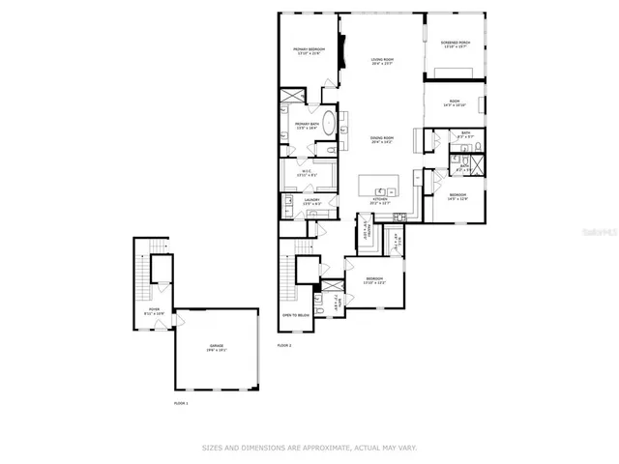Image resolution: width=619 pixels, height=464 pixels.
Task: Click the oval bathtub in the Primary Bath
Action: point(330,124)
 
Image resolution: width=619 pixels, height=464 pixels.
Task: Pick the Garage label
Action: point(217,350)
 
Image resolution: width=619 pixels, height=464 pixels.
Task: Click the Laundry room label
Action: point(311,202)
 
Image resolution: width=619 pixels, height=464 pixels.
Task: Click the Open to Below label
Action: point(295,315)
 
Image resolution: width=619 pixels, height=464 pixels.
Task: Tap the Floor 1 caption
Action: point(181,402)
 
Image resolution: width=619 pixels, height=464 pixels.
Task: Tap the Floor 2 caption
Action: point(283,345)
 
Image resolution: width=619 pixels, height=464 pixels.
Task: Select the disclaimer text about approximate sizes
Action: point(309,448)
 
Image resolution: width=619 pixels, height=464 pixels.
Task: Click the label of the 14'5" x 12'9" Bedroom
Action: point(457,197)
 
